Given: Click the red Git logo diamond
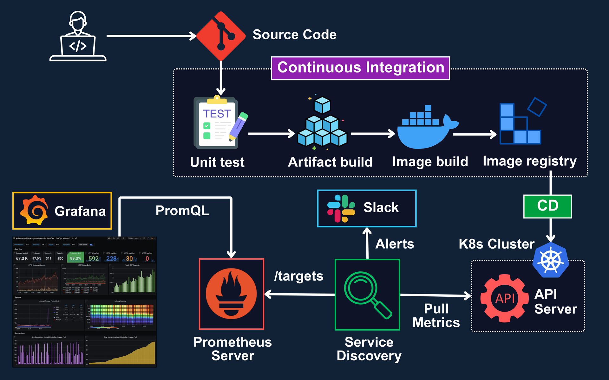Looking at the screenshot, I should [221, 36].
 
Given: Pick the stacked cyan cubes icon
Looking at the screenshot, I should [322, 123].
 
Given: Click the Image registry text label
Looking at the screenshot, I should [529, 161].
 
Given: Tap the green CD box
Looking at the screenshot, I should [547, 206].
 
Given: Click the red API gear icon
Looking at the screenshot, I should [505, 298].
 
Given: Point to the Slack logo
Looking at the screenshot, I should [341, 208].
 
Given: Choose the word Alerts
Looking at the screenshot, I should [395, 244].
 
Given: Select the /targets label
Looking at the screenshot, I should [298, 276].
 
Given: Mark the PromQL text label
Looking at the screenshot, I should [182, 211].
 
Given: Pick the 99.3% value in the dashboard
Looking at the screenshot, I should [75, 258].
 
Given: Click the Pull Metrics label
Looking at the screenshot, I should [436, 316].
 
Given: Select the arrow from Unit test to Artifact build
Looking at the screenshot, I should [271, 134].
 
